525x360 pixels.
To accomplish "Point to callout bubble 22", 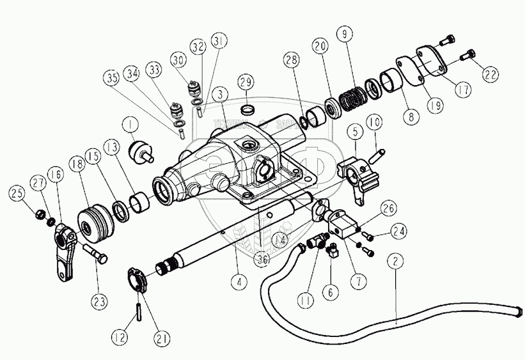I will click(490, 74).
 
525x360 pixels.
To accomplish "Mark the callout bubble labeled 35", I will click(113, 79).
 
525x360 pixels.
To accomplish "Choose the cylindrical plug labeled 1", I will click(139, 153).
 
